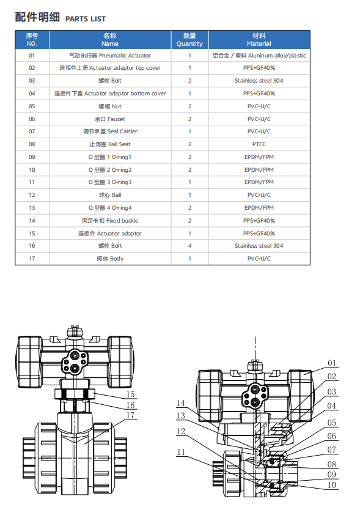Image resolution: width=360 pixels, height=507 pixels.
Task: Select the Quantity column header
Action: (x=189, y=40)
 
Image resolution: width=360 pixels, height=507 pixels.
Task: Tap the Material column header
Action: (x=259, y=40)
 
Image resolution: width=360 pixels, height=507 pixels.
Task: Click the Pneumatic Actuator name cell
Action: (x=110, y=56)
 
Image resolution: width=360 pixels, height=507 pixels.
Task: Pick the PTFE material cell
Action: (x=259, y=144)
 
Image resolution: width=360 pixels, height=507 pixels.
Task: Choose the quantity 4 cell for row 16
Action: (x=189, y=246)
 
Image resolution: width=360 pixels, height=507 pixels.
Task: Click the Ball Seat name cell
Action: (x=110, y=144)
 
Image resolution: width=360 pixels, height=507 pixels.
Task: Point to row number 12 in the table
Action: (x=32, y=195)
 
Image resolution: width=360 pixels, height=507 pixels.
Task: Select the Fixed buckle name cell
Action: (x=110, y=221)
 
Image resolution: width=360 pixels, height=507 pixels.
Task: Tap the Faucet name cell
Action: (x=110, y=119)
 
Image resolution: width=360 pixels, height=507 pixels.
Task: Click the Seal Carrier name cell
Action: (x=110, y=131)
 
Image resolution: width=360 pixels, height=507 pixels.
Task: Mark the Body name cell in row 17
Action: (x=110, y=259)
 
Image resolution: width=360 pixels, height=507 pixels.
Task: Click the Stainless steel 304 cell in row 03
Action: (x=259, y=81)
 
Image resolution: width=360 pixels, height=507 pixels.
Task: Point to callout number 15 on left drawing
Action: (x=131, y=394)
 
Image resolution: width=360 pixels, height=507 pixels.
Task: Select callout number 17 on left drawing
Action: (x=131, y=415)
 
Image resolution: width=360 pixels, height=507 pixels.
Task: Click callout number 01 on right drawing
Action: (x=332, y=363)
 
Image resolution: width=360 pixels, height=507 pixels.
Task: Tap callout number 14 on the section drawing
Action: (x=181, y=403)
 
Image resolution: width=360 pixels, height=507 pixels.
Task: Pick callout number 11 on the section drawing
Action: (x=181, y=452)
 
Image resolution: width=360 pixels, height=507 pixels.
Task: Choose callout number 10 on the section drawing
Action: (x=332, y=485)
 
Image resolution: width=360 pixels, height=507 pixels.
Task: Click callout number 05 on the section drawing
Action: (x=332, y=423)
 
